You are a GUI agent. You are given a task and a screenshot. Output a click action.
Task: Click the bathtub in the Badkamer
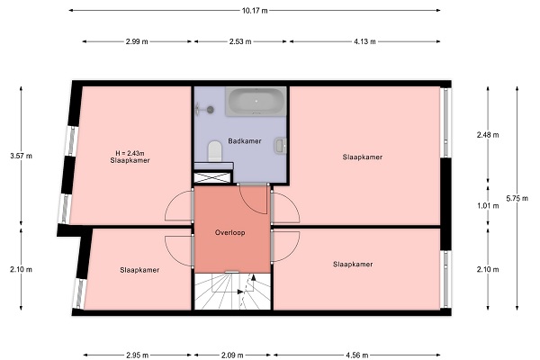256,102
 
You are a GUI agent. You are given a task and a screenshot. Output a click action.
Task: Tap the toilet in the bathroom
215,151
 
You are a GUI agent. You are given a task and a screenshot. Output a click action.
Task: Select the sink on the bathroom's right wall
281,146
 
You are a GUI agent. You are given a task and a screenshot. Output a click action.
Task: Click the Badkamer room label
245,141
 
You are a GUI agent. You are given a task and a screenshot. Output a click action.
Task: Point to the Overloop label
230,232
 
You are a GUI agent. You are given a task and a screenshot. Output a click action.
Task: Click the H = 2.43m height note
130,153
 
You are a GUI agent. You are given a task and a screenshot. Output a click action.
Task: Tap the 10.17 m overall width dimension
255,10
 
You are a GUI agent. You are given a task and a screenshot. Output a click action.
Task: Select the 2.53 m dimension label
240,41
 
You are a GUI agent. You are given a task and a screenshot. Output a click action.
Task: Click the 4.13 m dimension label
364,41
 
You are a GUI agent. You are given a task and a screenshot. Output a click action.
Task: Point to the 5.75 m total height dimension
517,198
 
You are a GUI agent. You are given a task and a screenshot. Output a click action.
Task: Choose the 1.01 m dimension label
488,206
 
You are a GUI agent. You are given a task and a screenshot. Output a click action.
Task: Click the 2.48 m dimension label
488,135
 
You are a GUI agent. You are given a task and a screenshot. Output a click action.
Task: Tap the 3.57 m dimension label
21,156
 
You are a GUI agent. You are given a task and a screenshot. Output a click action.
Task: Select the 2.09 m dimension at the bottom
233,355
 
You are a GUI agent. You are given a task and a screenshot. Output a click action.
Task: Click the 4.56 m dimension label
357,355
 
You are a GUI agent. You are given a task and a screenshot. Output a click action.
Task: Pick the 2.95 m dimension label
138,355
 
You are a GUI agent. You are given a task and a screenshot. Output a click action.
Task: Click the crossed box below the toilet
212,178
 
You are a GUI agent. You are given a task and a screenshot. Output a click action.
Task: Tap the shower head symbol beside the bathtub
205,110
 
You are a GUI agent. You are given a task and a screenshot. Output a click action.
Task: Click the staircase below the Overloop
232,291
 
